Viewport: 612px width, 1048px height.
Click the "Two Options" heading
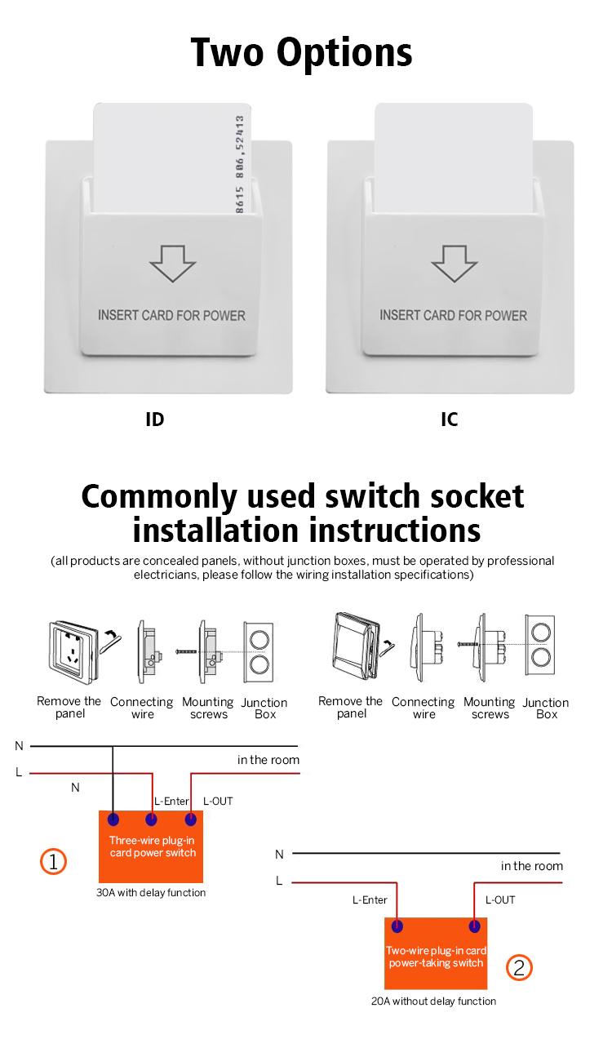(x=302, y=53)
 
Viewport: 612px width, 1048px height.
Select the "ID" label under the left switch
(x=154, y=420)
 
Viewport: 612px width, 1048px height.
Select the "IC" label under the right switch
(x=450, y=420)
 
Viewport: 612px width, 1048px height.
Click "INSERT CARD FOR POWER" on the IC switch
(x=453, y=315)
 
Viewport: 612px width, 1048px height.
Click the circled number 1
(x=53, y=861)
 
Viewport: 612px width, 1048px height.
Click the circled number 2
(x=519, y=968)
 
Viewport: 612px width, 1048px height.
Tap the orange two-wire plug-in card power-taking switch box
(x=436, y=955)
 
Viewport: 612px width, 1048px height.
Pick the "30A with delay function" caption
(x=151, y=892)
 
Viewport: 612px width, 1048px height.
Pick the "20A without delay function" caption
(x=433, y=1001)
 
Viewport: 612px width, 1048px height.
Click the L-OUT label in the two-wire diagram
(x=500, y=899)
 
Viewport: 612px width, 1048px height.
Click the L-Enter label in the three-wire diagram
(x=171, y=801)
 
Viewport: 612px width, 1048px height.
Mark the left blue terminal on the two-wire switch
(x=397, y=926)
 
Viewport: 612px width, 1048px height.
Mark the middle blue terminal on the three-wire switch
(x=152, y=819)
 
